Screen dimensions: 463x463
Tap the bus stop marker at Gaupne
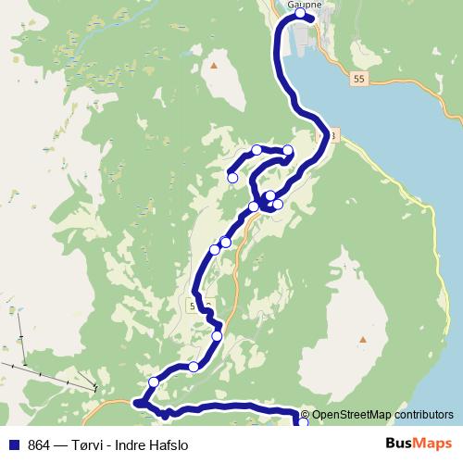[x=300, y=15]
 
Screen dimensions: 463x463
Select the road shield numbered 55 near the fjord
[x=359, y=81]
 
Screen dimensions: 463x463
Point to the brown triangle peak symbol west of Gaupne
[x=214, y=66]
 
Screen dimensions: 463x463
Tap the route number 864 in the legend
[x=40, y=444]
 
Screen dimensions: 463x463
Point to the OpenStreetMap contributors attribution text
[x=382, y=415]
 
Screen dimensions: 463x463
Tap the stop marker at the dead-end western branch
[x=232, y=178]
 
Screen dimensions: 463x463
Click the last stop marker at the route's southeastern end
[x=303, y=423]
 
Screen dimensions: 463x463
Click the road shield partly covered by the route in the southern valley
[x=200, y=306]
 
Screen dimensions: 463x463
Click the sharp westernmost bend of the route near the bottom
[x=136, y=402]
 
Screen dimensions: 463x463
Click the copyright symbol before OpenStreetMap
[x=305, y=415]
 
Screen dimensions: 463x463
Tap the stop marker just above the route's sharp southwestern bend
[x=154, y=382]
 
